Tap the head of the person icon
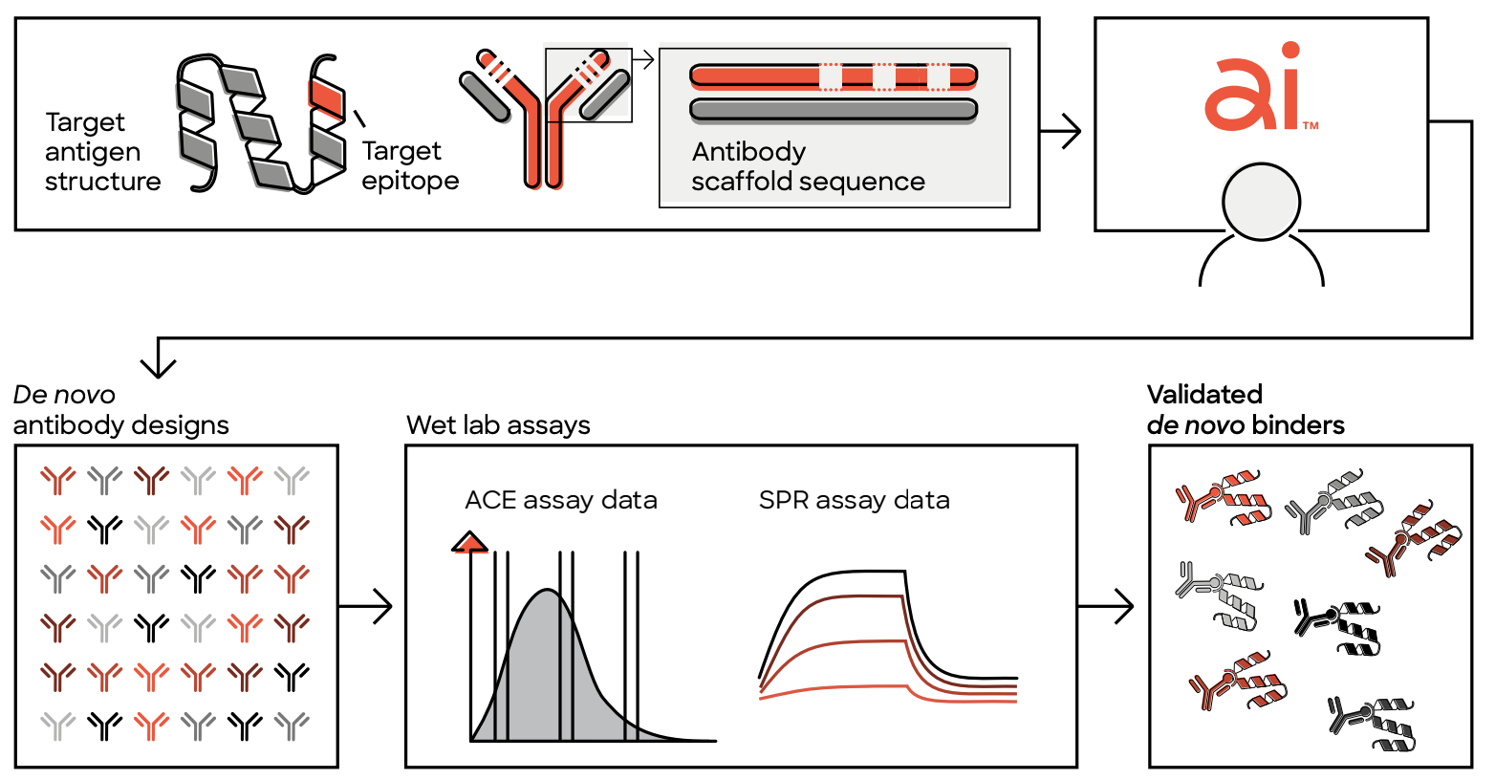click(x=1261, y=202)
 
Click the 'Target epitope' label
click(x=410, y=165)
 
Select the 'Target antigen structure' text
click(x=103, y=151)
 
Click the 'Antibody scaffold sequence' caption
click(x=809, y=166)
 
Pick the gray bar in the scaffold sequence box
click(x=834, y=110)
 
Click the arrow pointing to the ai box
click(x=1060, y=131)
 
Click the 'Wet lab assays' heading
click(x=498, y=425)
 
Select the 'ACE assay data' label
click(x=560, y=500)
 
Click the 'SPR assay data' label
click(x=854, y=500)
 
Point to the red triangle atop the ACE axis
click(x=470, y=543)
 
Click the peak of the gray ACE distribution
click(x=548, y=590)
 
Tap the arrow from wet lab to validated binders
click(x=1106, y=606)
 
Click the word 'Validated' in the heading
click(x=1204, y=395)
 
